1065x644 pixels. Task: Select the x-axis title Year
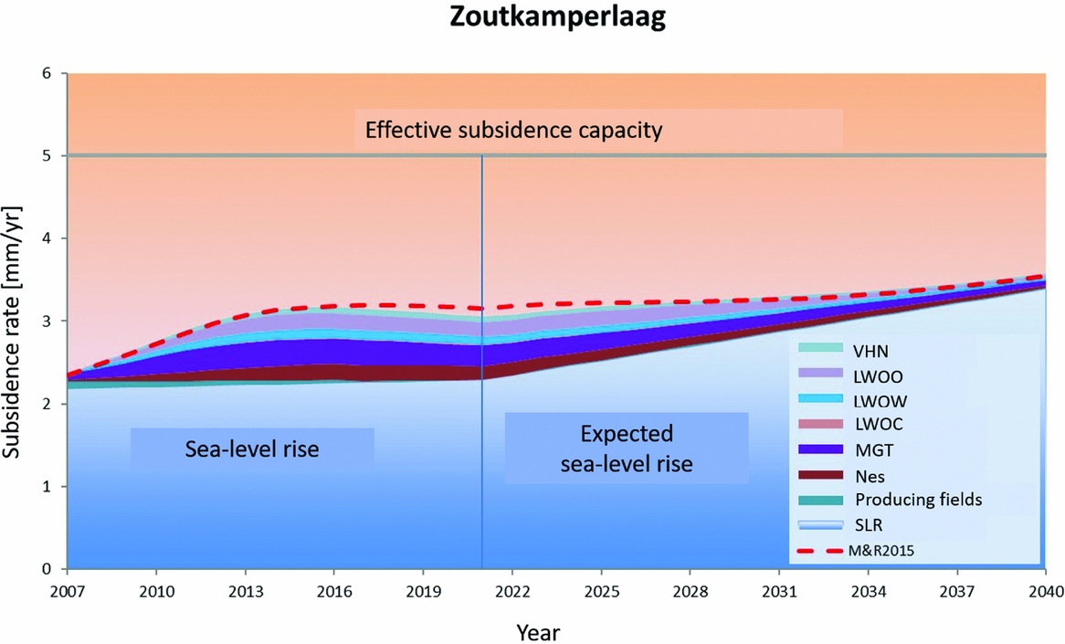pos(538,631)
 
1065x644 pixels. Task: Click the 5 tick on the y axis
pos(48,155)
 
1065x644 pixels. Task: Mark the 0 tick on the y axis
pos(48,569)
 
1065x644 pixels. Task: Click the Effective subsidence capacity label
pos(512,131)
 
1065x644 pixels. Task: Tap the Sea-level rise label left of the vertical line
pos(252,449)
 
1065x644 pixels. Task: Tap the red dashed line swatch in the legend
pos(819,551)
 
